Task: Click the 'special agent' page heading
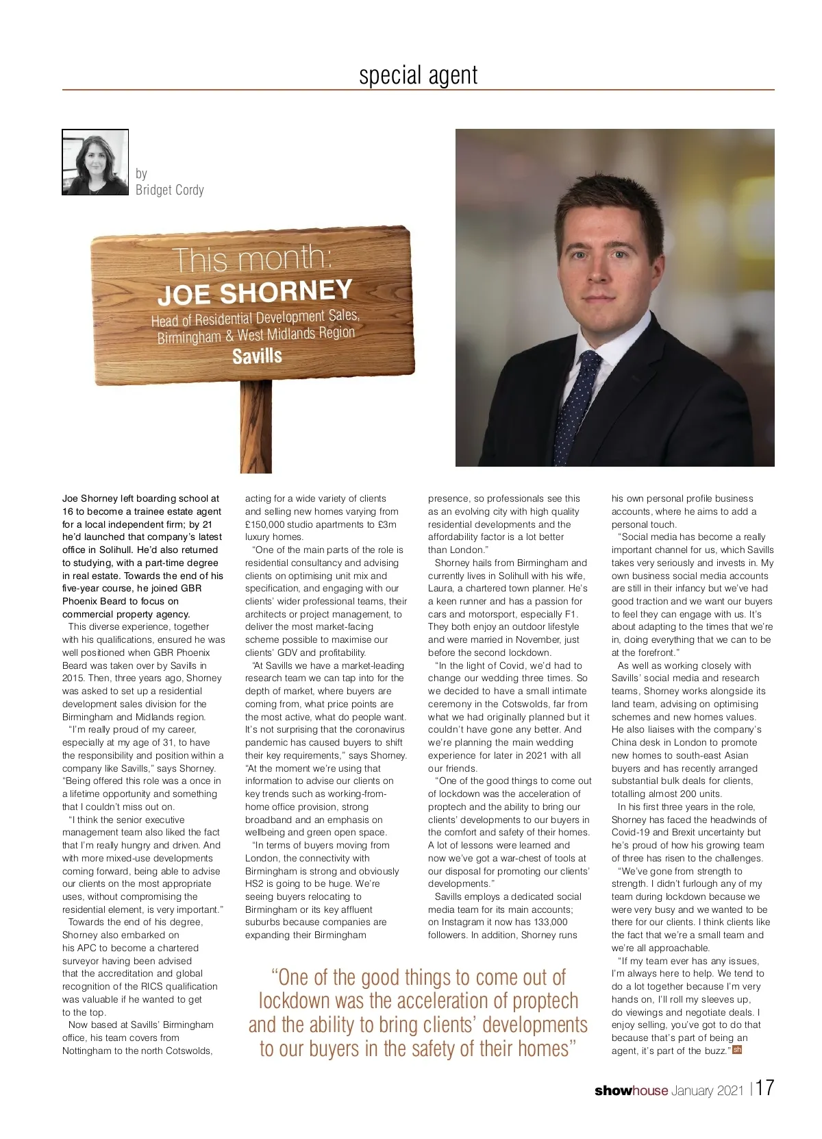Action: [x=418, y=75]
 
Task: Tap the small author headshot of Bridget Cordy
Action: [x=96, y=162]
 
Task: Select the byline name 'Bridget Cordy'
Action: [x=169, y=190]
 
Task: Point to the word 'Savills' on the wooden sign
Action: [x=257, y=356]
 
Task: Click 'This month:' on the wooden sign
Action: [x=251, y=259]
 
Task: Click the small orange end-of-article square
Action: [x=737, y=1050]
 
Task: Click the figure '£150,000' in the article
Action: [x=264, y=524]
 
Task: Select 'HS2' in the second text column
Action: [x=255, y=884]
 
